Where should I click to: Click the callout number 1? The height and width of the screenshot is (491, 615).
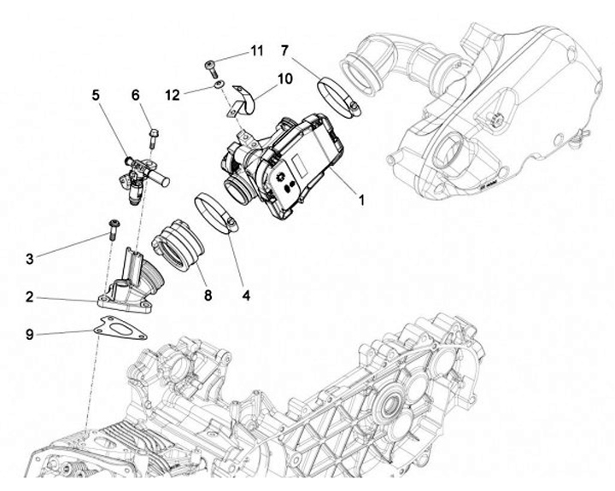tap(361, 201)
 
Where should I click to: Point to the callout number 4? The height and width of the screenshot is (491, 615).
tap(246, 296)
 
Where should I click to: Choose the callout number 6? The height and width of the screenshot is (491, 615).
tap(135, 96)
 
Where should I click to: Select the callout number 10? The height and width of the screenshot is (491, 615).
tap(284, 78)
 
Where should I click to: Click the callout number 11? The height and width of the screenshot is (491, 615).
tap(256, 51)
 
